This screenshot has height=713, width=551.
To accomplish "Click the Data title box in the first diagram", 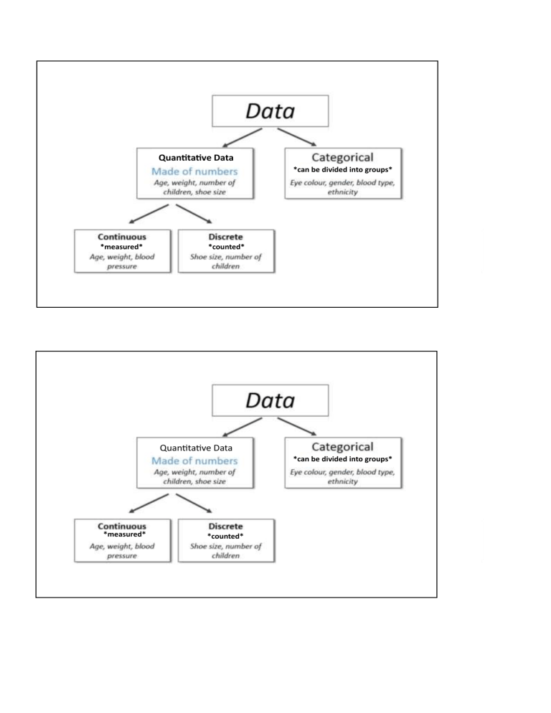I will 270,111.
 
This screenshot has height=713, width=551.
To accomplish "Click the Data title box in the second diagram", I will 270,400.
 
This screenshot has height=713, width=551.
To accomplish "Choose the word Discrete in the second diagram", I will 225,526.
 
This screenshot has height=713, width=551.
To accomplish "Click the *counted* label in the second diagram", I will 225,536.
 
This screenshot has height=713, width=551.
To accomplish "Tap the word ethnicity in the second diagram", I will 343,482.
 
